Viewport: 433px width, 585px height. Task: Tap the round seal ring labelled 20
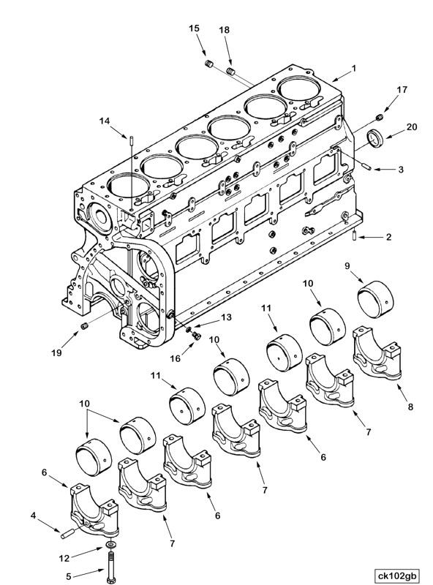tap(377, 137)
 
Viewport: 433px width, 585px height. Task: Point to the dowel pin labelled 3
tap(367, 167)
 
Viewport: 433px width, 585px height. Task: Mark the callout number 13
tap(225, 317)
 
